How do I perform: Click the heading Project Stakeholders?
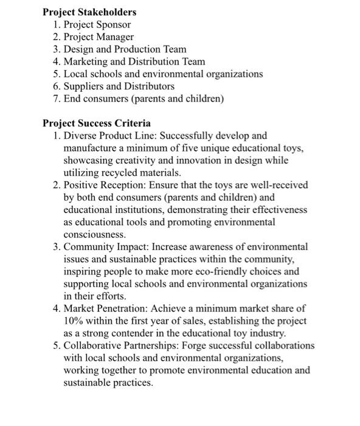89,12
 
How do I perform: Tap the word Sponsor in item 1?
112,25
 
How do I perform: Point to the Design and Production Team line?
125,49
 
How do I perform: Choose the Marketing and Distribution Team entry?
134,61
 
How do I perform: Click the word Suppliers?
84,86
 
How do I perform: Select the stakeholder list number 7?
56,99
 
